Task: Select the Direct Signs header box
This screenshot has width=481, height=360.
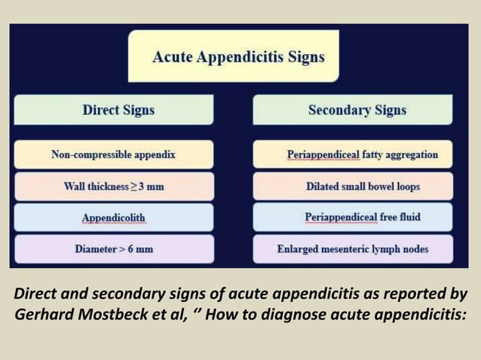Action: click(x=118, y=110)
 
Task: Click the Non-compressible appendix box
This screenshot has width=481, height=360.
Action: click(x=113, y=154)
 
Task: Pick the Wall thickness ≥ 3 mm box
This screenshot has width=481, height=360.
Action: click(x=113, y=186)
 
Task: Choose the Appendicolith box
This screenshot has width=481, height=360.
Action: click(x=113, y=218)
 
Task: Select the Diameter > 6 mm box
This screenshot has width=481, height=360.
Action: click(x=113, y=249)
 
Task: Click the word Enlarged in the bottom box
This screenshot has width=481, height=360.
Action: click(x=299, y=249)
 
